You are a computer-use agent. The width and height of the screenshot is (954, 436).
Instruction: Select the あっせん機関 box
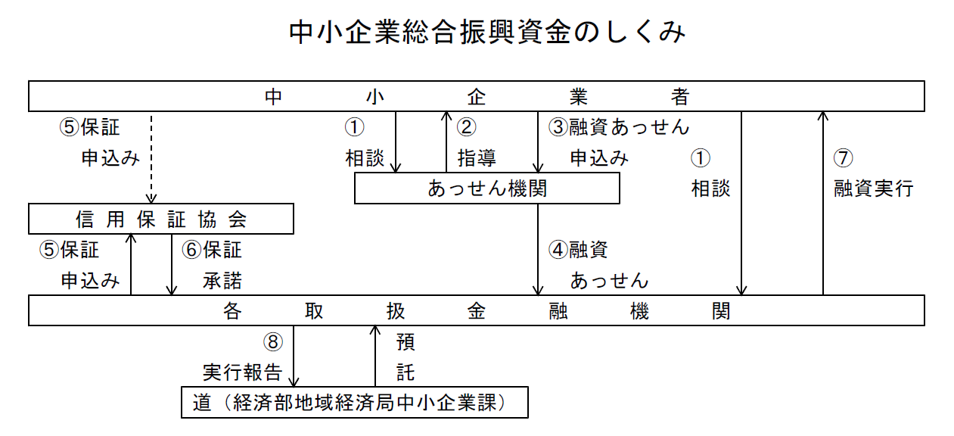click(486, 188)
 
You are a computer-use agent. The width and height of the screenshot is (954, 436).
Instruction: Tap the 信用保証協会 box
click(161, 219)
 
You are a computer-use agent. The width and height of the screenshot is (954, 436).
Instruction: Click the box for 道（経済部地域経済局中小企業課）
click(354, 403)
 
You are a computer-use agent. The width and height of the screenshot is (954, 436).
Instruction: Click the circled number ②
click(466, 127)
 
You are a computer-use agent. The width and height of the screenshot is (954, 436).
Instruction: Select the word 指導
click(477, 158)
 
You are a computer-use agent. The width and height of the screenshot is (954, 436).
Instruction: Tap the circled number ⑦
click(844, 158)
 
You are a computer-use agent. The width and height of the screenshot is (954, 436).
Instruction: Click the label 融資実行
click(874, 188)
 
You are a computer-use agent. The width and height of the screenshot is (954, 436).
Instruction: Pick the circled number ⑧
click(273, 342)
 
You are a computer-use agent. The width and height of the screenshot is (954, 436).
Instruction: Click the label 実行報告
click(242, 372)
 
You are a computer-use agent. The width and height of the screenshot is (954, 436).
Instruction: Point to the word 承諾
click(222, 281)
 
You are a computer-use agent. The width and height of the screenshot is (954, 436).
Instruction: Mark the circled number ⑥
click(191, 249)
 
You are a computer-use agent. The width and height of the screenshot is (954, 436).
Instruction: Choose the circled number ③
click(558, 127)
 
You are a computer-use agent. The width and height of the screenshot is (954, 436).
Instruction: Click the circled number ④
click(558, 249)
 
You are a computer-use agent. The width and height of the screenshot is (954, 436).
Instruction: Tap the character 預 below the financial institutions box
click(406, 342)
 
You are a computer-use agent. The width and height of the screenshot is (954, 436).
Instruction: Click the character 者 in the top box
click(679, 97)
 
